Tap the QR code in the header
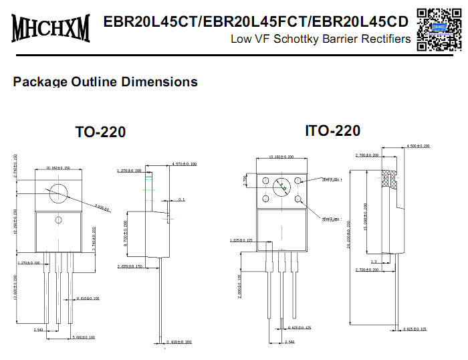coord(438,28)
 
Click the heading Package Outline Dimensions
coord(105,82)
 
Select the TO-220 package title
coord(100,132)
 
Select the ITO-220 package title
coord(332,130)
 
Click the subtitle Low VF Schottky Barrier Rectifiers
coord(320,39)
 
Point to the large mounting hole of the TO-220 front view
coord(58,192)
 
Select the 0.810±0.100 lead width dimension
coord(88,298)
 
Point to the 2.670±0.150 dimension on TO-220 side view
coord(131,267)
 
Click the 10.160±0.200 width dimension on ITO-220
coord(280,157)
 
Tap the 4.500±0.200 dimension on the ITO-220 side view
coord(420,145)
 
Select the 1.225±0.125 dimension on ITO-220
coord(241,240)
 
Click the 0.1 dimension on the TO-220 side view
coord(182,199)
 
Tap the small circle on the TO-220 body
coord(58,220)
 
